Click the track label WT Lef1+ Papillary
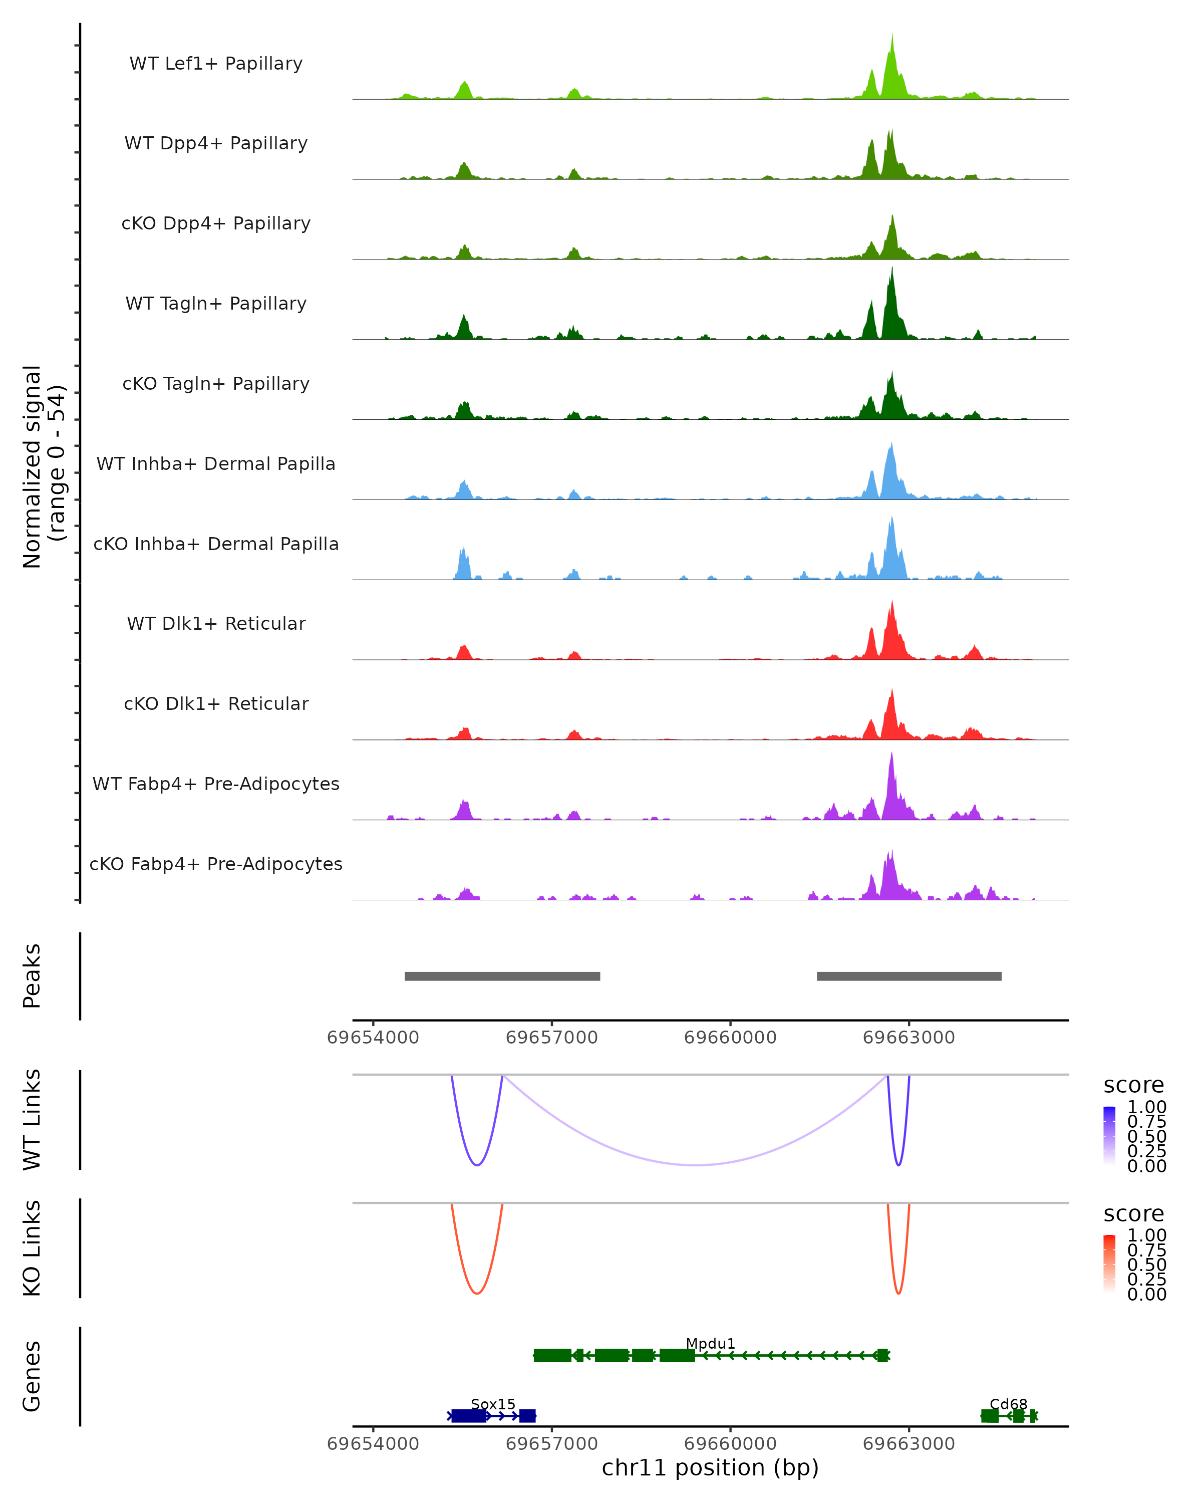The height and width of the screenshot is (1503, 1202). click(216, 64)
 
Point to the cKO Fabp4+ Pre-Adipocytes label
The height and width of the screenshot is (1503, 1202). click(216, 864)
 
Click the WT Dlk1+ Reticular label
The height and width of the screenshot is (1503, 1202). click(216, 623)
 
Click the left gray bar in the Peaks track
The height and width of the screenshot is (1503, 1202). click(502, 976)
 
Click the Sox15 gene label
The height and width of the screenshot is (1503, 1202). click(493, 1404)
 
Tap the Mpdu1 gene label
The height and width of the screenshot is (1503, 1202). click(710, 1343)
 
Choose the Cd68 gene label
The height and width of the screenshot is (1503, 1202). click(1008, 1404)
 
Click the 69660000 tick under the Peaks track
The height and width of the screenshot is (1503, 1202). click(730, 1038)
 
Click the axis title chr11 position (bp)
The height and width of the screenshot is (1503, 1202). click(710, 1467)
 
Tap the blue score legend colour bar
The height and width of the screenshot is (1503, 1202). click(1109, 1136)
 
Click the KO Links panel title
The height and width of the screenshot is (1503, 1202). click(32, 1248)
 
